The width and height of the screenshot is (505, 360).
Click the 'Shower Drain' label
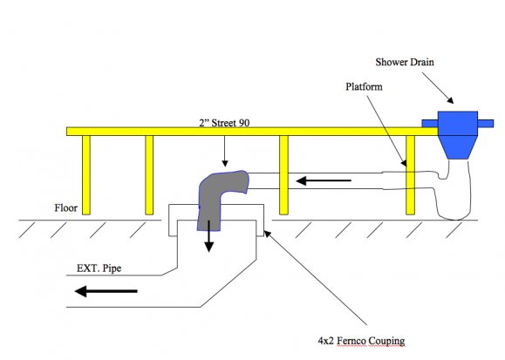pyautogui.click(x=405, y=62)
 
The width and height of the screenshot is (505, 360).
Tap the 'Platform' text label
pyautogui.click(x=364, y=86)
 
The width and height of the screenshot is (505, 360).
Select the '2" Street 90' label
pyautogui.click(x=224, y=123)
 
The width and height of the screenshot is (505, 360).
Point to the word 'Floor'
pyautogui.click(x=65, y=207)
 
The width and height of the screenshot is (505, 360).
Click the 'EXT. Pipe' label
pyautogui.click(x=99, y=268)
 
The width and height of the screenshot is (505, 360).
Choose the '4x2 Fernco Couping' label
pyautogui.click(x=361, y=341)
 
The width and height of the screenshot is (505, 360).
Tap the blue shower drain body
pyautogui.click(x=458, y=123)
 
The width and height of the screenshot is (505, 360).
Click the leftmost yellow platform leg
pyautogui.click(x=86, y=175)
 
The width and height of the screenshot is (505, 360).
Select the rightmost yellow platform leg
pyautogui.click(x=410, y=175)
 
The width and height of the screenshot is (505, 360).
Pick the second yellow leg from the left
pyautogui.click(x=149, y=175)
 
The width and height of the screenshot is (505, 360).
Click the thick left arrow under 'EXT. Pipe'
pyautogui.click(x=106, y=291)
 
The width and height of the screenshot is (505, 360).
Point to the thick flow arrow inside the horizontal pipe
pyautogui.click(x=324, y=180)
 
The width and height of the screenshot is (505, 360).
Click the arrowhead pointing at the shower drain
pyautogui.click(x=451, y=100)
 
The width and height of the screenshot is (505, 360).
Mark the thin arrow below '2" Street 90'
pyautogui.click(x=225, y=152)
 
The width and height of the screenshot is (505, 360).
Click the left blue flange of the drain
pyautogui.click(x=430, y=123)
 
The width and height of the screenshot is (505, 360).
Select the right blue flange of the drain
pyautogui.click(x=486, y=123)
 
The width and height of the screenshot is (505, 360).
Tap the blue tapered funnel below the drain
pyautogui.click(x=458, y=147)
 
